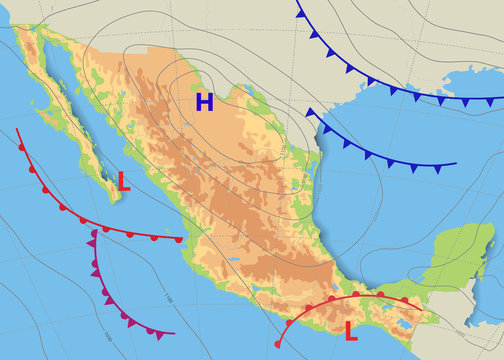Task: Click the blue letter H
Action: pyautogui.click(x=205, y=101)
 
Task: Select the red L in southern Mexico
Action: pyautogui.click(x=351, y=331)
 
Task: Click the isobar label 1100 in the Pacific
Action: pyautogui.click(x=166, y=299)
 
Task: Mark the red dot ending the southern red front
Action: pyautogui.click(x=277, y=343)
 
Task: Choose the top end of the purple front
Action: pyautogui.click(x=93, y=232)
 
